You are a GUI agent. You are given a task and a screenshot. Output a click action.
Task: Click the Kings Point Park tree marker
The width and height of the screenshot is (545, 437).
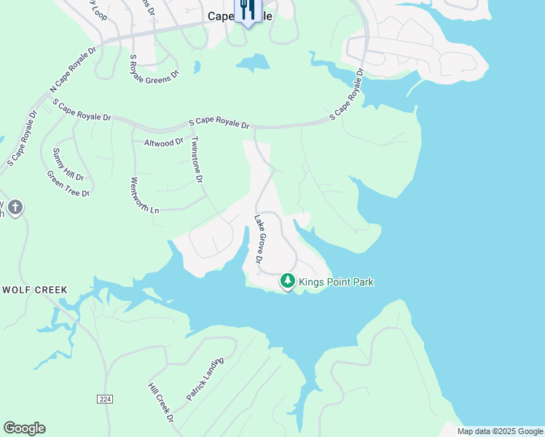coord(288,280)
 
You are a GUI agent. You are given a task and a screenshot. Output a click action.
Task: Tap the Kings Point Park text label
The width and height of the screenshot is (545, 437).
coord(337,281)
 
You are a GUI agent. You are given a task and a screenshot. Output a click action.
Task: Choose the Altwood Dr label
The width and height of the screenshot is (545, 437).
coord(164,143)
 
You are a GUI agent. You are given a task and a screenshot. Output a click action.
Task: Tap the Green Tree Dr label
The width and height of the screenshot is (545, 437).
coord(68,184)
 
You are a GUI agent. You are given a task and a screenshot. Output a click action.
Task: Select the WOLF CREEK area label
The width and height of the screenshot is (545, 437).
coord(35,290)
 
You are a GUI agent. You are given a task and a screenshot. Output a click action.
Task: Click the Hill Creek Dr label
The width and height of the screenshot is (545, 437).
coord(161,403)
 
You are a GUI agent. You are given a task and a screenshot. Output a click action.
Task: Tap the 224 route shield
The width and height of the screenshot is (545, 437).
coord(106,399)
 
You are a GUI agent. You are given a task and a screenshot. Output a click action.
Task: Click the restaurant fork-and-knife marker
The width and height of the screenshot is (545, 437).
coord(247,9)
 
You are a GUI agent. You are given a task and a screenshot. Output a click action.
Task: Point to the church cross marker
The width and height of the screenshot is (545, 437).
coord(15,208)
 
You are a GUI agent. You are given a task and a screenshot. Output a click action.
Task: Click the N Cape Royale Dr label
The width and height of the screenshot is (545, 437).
coord(73,71)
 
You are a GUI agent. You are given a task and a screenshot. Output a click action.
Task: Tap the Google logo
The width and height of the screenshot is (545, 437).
coord(24,428)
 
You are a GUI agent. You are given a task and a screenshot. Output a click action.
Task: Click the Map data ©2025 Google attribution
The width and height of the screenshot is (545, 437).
coord(500,431)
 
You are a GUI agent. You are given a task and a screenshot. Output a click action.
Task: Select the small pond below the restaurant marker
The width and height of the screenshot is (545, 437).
coord(252,64)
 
